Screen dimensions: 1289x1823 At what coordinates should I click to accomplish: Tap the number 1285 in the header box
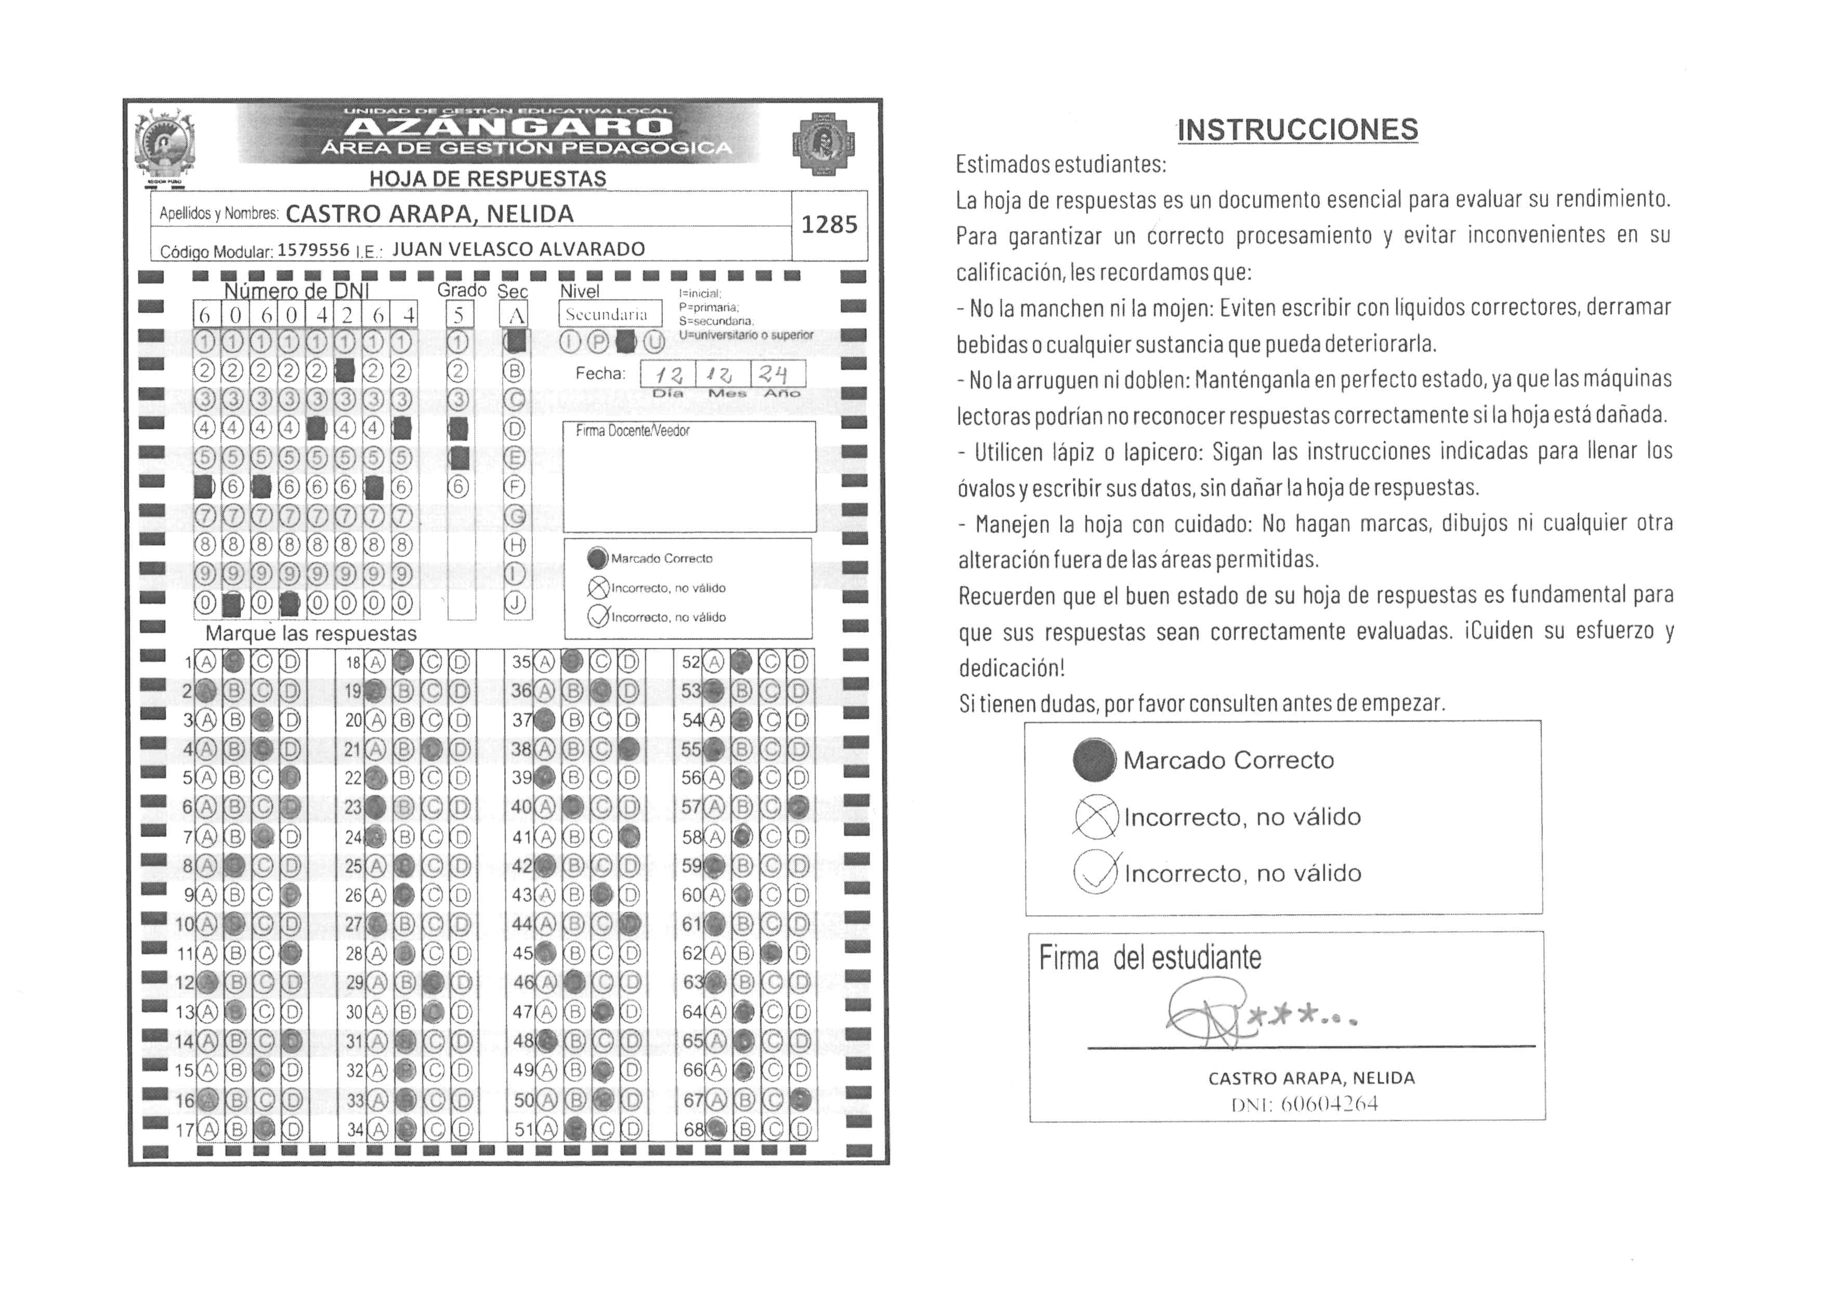coord(829,226)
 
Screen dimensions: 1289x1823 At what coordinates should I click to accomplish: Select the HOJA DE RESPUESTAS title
coord(488,179)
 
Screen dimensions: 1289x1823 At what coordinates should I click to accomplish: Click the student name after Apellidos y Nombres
coord(429,214)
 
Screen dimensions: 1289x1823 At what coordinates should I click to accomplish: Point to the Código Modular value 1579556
coord(313,250)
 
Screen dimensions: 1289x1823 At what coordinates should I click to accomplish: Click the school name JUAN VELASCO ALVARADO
coord(518,249)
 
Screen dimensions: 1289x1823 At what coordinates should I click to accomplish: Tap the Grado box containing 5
coord(459,315)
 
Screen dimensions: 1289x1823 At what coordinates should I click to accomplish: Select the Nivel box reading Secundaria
coord(610,314)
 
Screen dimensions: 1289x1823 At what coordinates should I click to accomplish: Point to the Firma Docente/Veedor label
coord(632,431)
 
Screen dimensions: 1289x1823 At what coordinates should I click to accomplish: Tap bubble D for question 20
coord(460,721)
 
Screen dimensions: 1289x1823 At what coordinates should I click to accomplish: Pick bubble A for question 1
coord(206,662)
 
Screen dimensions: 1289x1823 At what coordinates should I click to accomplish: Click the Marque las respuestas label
coord(310,634)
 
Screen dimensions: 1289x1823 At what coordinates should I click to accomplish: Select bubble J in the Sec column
coord(515,603)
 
